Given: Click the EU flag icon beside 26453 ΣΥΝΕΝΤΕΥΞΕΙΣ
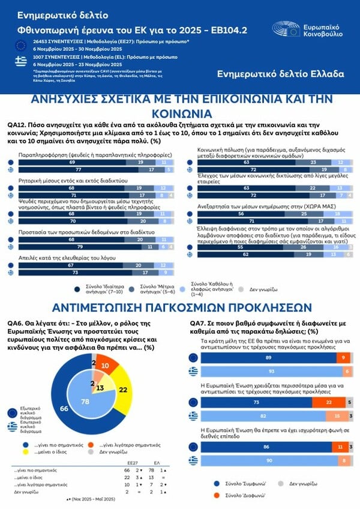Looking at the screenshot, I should click(21, 44).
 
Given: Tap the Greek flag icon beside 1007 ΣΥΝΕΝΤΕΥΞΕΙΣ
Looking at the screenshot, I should click(21, 60).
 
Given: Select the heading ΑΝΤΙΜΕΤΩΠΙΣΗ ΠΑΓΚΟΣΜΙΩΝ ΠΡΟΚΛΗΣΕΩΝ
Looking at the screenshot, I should click(180, 307).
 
